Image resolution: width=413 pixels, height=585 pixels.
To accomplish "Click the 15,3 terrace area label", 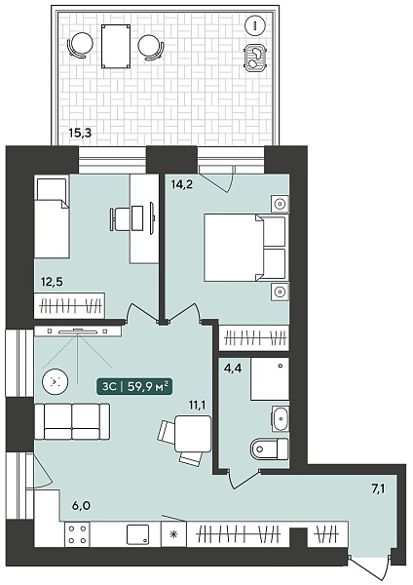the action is click(80, 133).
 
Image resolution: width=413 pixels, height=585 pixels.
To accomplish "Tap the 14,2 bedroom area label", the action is click(181, 184).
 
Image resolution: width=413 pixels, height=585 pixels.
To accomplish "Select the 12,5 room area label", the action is click(53, 282).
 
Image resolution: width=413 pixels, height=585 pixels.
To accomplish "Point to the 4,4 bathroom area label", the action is click(233, 369).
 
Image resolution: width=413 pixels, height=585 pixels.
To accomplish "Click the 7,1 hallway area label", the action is click(377, 488).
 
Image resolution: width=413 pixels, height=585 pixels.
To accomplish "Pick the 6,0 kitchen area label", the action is click(81, 506).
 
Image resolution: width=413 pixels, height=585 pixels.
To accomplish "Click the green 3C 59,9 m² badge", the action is click(134, 387).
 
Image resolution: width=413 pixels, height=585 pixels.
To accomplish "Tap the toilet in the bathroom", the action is click(270, 448).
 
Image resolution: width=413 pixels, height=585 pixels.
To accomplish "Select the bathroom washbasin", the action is click(280, 418).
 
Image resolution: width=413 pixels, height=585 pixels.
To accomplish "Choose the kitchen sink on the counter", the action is click(137, 534).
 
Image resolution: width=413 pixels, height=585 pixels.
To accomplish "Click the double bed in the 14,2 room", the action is click(244, 247).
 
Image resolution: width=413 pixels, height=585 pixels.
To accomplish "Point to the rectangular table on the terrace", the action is click(116, 46).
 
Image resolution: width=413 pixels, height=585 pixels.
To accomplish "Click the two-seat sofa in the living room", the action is click(72, 421).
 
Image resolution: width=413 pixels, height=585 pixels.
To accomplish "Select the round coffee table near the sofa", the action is click(55, 381).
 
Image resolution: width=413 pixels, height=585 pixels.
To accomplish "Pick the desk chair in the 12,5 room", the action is click(120, 219).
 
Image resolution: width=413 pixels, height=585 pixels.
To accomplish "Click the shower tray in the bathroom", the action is click(270, 379).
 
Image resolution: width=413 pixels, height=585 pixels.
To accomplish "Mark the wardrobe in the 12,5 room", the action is click(69, 306).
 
